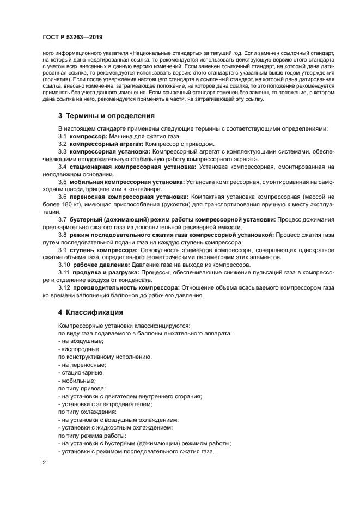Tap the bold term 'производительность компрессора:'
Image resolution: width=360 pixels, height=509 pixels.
point(126,287)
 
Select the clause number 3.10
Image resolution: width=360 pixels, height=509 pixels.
point(64,265)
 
